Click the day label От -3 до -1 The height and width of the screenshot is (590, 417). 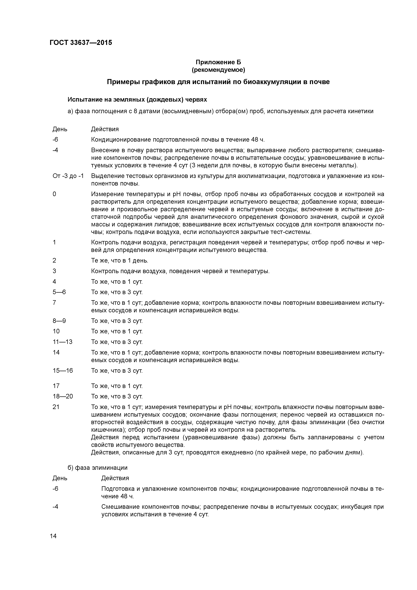[x=68, y=176]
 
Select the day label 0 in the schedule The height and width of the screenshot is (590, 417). [x=54, y=194]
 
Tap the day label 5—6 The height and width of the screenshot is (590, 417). [x=59, y=292]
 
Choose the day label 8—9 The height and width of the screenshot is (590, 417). [x=59, y=321]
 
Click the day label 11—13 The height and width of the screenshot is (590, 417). [x=62, y=342]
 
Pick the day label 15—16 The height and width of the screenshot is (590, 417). [x=63, y=371]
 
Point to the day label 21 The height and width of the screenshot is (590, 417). [x=56, y=407]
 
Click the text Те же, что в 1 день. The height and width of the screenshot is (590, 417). [x=120, y=261]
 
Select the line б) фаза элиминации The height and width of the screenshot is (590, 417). [x=98, y=467]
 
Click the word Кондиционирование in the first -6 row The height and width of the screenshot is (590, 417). [x=121, y=140]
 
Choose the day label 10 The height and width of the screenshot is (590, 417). [x=56, y=331]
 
